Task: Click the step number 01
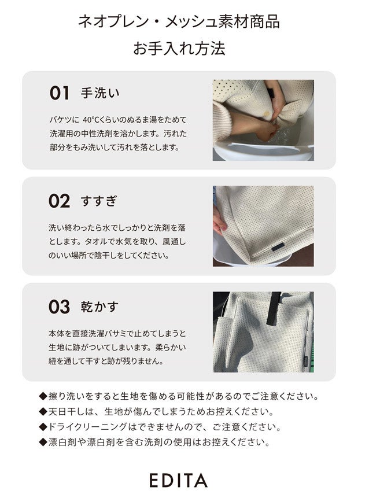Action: click(x=59, y=93)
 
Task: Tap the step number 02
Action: click(x=59, y=201)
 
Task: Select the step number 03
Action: click(x=59, y=307)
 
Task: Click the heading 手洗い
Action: click(x=100, y=93)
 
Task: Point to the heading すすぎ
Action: click(x=99, y=201)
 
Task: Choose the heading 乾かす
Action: click(x=99, y=307)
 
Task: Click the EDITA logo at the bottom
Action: click(x=179, y=480)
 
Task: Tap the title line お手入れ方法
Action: click(x=179, y=48)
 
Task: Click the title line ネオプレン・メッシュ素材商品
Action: click(x=179, y=21)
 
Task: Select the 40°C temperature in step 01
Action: click(x=91, y=120)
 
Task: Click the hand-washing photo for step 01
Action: click(x=263, y=120)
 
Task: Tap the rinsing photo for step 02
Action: click(x=263, y=226)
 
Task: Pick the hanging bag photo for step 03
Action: click(x=263, y=332)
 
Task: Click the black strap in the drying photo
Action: click(x=274, y=308)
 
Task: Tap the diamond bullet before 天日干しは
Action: click(x=43, y=412)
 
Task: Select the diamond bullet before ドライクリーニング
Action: click(x=43, y=427)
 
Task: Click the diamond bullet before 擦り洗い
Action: click(x=43, y=396)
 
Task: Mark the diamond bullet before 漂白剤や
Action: click(x=43, y=442)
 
